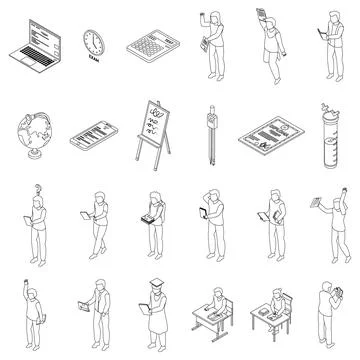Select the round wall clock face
(92, 40)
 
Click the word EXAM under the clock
(93, 63)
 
